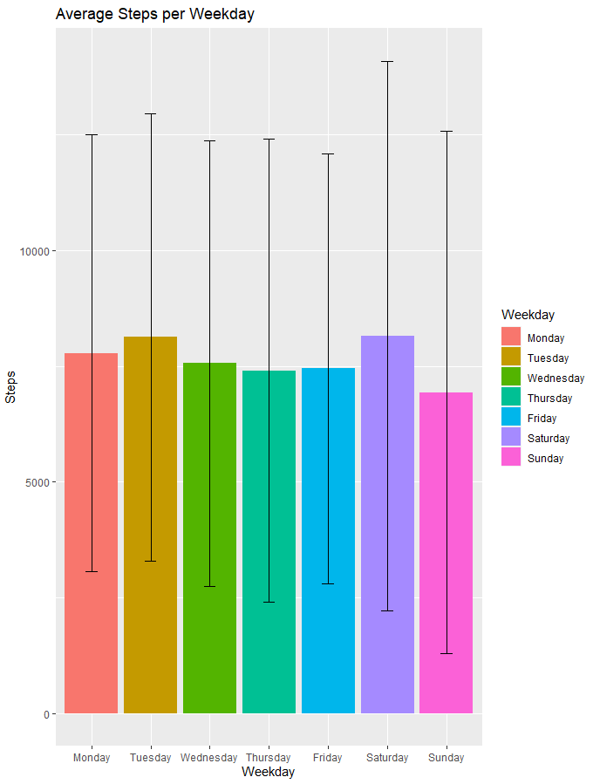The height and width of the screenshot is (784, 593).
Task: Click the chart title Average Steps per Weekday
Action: click(154, 15)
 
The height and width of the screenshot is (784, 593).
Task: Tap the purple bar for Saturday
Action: click(387, 524)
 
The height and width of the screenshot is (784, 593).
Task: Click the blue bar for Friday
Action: click(328, 541)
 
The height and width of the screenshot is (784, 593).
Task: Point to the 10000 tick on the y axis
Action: click(37, 251)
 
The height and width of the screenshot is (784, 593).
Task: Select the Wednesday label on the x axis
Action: click(209, 758)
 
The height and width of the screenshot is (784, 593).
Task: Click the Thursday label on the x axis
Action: click(269, 758)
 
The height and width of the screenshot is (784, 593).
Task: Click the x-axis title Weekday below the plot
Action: click(269, 773)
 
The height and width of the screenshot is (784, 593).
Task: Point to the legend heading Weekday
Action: click(528, 315)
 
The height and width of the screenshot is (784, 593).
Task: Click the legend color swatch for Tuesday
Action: click(510, 358)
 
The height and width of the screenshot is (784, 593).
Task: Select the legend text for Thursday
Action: click(550, 399)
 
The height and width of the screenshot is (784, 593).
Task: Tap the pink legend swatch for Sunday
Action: click(510, 458)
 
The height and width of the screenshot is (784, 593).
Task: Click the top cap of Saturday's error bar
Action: click(387, 62)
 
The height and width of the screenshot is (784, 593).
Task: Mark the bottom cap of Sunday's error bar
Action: click(446, 653)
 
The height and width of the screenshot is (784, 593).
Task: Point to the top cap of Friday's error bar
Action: click(328, 154)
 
